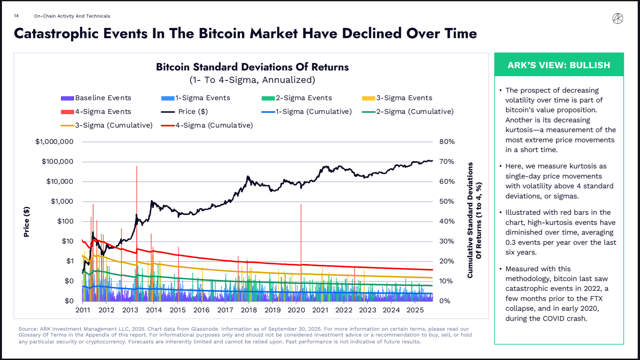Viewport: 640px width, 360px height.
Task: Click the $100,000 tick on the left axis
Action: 57,162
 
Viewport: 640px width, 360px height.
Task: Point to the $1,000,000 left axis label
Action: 54,142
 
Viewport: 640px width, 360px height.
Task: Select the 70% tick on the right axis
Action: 447,162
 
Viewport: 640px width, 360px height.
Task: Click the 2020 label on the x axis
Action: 296,310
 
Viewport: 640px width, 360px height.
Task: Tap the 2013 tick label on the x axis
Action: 130,310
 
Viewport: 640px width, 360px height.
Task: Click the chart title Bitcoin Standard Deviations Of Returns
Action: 252,67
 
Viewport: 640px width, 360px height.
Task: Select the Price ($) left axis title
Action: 26,222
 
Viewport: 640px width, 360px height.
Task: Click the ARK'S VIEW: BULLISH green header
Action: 559,65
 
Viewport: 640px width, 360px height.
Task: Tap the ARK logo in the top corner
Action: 617,19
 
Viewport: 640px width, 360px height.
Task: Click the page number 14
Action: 16,16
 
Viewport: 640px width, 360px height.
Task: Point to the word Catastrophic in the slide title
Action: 56,34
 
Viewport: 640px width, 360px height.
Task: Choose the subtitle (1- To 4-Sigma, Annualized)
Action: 252,80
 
